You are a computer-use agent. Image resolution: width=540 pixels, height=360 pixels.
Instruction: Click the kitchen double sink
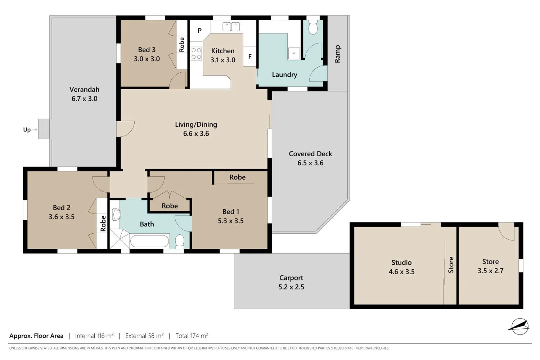(x=231, y=27)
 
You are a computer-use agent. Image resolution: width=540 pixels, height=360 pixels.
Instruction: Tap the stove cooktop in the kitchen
(x=196, y=53)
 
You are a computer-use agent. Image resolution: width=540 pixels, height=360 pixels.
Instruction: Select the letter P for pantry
(x=199, y=31)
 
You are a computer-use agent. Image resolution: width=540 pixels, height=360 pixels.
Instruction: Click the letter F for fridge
(x=250, y=57)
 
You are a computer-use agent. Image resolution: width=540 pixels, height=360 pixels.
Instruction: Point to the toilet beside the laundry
(x=313, y=27)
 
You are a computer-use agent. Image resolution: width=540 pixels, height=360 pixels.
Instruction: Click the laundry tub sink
(x=294, y=53)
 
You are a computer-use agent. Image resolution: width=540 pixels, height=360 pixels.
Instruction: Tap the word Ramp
(x=337, y=54)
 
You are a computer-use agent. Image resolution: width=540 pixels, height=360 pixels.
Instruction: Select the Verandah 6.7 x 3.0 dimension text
(x=84, y=99)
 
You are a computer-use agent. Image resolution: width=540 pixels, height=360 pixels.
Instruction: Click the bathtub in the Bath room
(x=149, y=241)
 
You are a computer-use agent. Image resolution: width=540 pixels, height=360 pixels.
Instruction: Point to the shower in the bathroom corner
(x=119, y=239)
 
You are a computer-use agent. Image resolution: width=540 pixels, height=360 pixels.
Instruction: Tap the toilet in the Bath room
(x=180, y=241)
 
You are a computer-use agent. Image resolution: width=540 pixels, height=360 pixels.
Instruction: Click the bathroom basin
(x=116, y=215)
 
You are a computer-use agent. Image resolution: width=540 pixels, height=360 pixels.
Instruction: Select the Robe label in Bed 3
(x=182, y=44)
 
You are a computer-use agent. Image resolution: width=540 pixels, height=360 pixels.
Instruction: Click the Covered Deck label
(x=310, y=154)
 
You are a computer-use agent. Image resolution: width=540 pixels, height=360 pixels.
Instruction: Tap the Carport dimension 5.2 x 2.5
(x=291, y=287)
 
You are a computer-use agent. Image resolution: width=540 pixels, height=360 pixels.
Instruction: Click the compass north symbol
(x=519, y=326)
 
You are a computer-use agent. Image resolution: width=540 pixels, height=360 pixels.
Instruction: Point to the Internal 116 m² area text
(x=94, y=336)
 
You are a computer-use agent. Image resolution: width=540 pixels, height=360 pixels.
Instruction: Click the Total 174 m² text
(x=192, y=336)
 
